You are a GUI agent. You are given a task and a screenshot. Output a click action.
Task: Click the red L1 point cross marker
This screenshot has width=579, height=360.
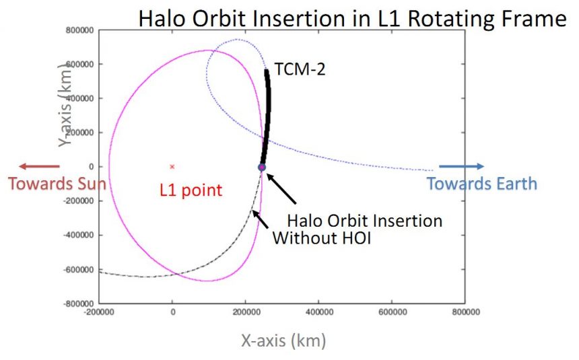coord(172,166)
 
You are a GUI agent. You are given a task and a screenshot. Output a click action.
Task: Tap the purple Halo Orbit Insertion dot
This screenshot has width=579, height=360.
coord(262,167)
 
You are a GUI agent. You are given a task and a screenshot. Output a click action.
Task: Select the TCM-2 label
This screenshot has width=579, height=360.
coord(300,68)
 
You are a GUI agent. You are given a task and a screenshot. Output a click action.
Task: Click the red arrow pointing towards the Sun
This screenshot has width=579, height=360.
coord(39,166)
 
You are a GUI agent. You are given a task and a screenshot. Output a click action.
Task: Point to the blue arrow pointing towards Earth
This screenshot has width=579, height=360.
coord(461,166)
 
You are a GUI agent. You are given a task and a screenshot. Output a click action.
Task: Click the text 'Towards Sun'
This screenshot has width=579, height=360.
coord(57,183)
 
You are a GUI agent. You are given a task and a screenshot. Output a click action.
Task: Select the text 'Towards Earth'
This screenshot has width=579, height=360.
coord(482,183)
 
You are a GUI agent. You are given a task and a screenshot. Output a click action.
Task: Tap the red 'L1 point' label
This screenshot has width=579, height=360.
coord(191,190)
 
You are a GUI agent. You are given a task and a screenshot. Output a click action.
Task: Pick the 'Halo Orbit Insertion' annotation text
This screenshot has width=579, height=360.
coord(365,221)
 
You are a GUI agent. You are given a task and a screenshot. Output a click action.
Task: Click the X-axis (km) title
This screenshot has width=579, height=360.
coord(283,341)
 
